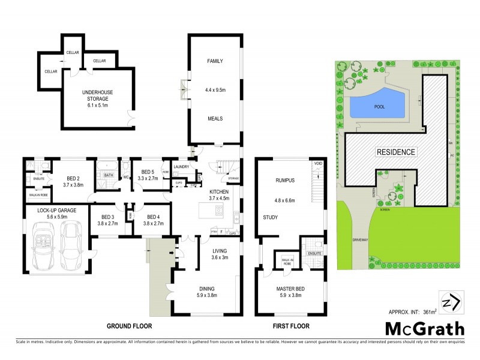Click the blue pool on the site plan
(375, 107)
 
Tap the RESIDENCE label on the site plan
(395, 152)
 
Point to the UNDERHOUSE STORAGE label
(98, 92)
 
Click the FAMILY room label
(215, 62)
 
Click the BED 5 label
(146, 172)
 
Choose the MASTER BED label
(291, 289)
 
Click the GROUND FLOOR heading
(129, 326)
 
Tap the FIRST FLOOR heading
(290, 326)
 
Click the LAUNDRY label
(181, 167)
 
